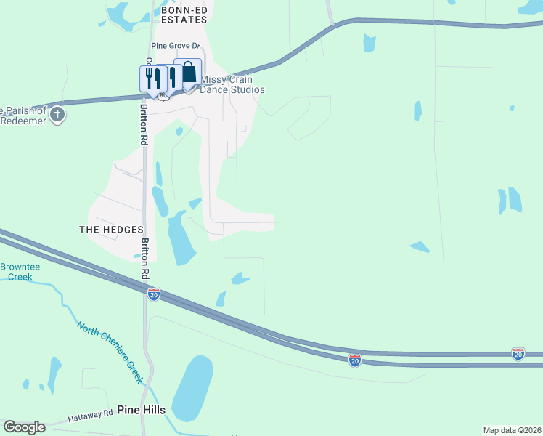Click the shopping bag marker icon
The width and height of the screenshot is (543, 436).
(189, 73)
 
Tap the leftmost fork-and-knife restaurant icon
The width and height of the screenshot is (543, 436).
(151, 78)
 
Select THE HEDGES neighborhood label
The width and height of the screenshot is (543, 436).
(111, 230)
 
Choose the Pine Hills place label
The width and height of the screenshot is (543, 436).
(142, 410)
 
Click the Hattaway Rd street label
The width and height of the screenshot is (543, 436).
(91, 416)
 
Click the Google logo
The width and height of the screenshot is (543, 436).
(24, 427)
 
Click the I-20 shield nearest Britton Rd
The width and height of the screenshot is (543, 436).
(153, 294)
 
